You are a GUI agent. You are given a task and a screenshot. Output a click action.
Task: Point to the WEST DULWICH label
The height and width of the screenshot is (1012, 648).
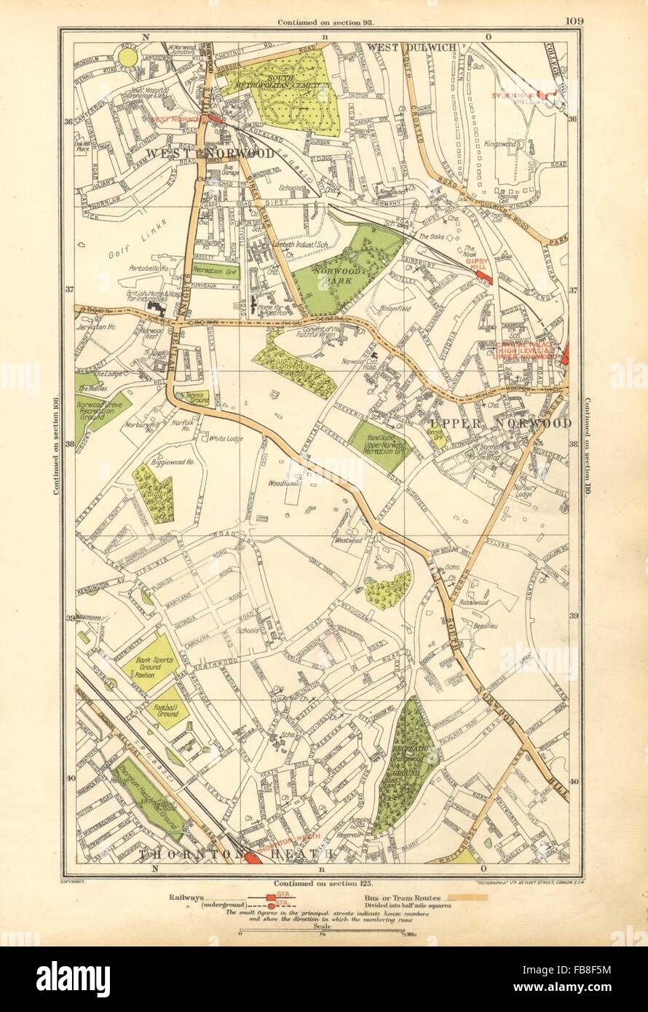411,47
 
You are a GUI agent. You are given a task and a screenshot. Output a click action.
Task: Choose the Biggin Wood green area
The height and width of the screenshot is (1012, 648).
154,495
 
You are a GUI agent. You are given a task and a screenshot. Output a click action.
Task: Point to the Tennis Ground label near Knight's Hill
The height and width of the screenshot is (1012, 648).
196,397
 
